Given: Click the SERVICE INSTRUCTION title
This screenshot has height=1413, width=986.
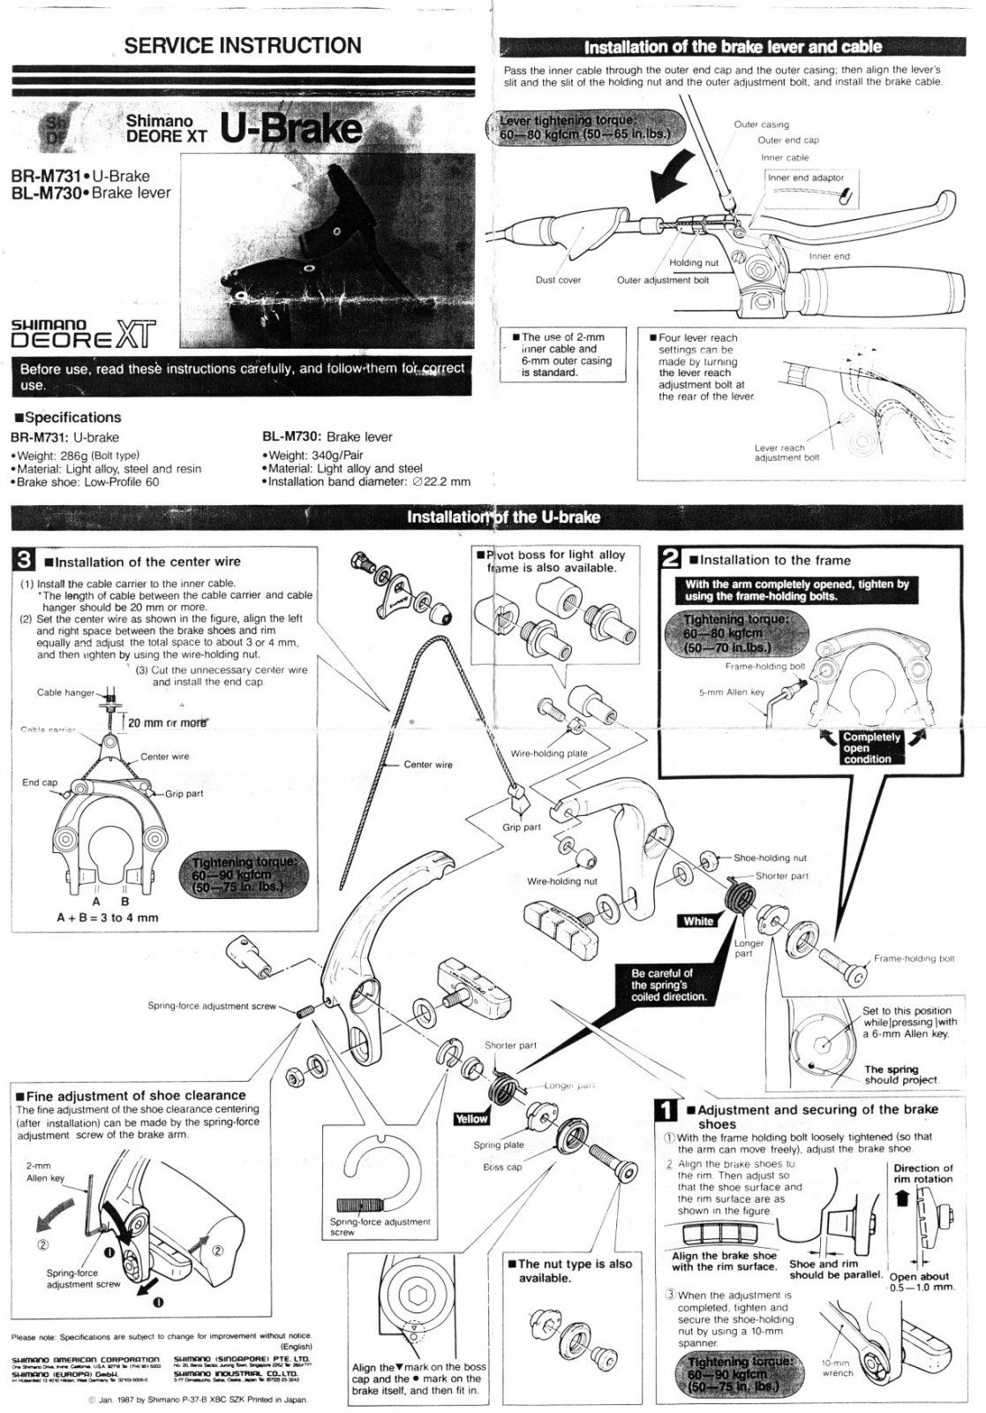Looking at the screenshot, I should click(243, 46).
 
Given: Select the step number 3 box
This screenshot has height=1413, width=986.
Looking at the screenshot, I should click(24, 560).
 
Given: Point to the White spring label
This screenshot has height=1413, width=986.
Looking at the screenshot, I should click(698, 921).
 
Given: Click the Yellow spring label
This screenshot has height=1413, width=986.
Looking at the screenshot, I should click(470, 1119).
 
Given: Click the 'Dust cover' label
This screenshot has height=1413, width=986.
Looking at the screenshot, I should click(558, 280).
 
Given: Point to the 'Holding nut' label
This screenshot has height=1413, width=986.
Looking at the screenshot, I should click(693, 262).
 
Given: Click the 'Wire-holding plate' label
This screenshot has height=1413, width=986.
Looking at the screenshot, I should click(549, 753).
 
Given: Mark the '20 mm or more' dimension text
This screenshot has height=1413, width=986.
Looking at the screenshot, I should click(168, 722).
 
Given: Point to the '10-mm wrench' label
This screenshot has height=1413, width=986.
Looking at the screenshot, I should click(837, 1368).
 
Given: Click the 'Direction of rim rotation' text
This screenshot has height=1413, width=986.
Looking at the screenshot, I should click(922, 1174).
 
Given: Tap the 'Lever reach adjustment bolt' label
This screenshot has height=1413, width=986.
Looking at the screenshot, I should click(787, 452).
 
